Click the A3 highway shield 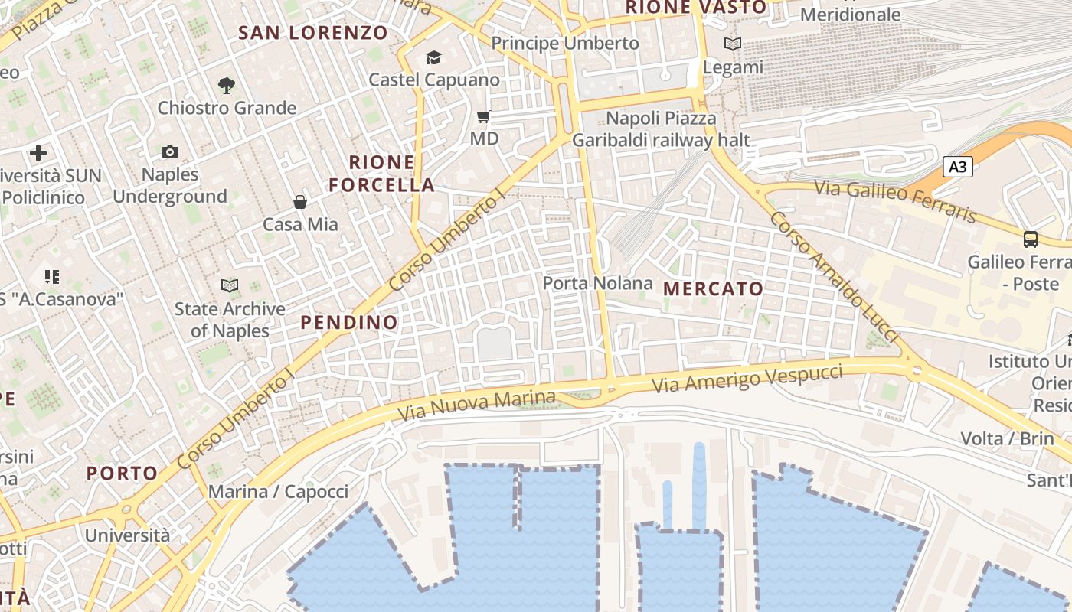click(x=957, y=167)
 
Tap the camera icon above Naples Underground click(x=170, y=151)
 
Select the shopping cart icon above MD click(x=483, y=117)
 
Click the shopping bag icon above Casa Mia click(x=300, y=202)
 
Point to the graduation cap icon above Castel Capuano click(x=434, y=57)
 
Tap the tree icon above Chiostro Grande click(x=226, y=85)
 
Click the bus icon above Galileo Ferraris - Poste click(x=1031, y=239)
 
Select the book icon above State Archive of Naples click(x=230, y=286)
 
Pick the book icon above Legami click(x=733, y=44)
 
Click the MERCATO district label click(x=714, y=288)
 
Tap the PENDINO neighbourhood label click(x=349, y=322)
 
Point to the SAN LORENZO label click(x=314, y=33)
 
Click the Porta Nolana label click(x=598, y=283)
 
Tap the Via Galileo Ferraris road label click(x=895, y=201)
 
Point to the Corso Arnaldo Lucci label click(x=833, y=277)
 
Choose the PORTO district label click(x=122, y=473)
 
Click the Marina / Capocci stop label click(x=278, y=491)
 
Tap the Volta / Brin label click(x=1008, y=438)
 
